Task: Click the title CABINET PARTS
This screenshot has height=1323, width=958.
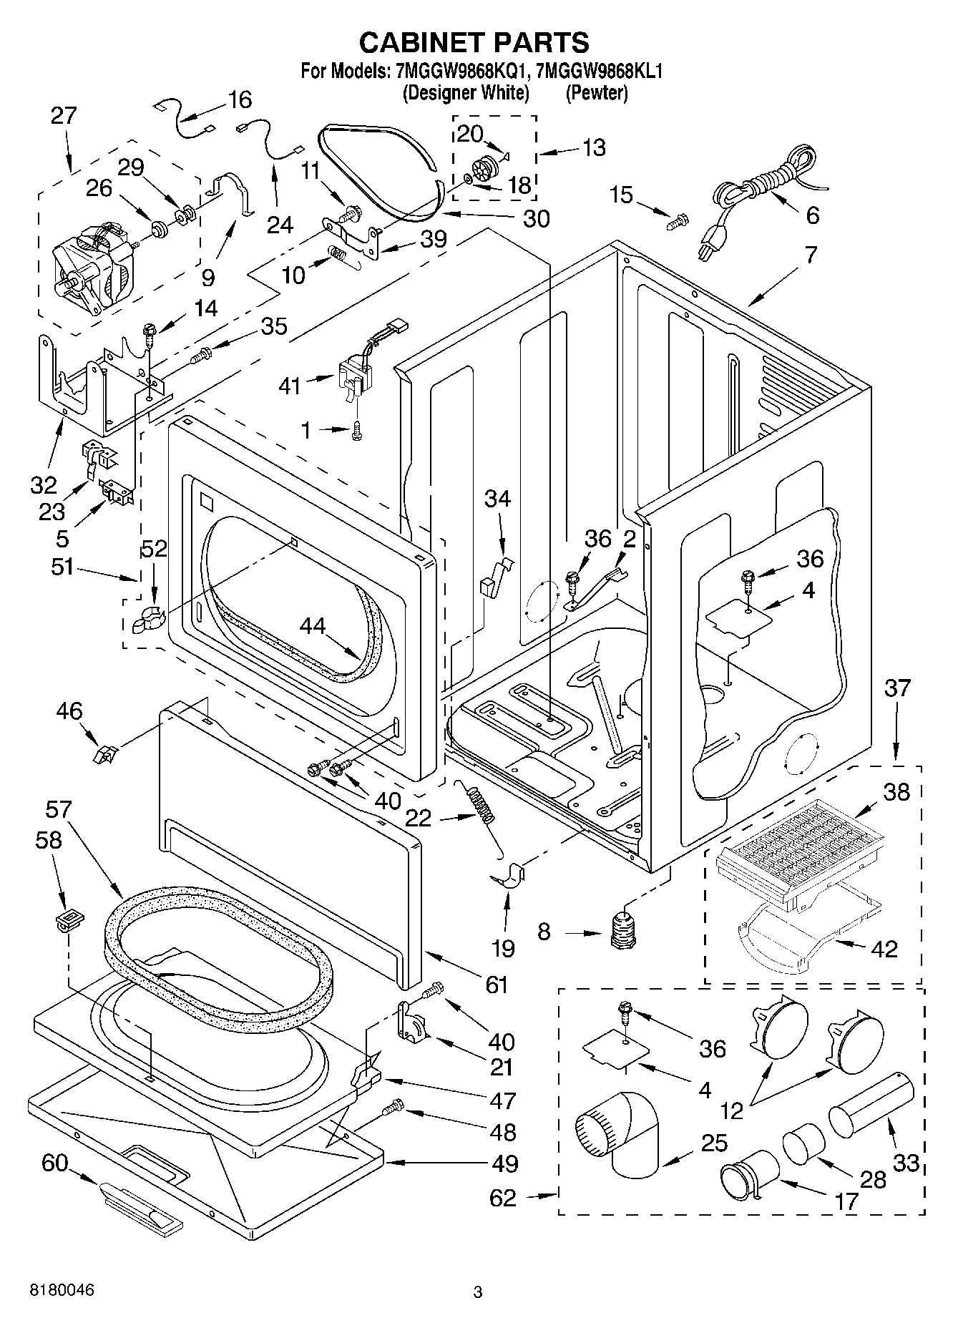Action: pos(474,42)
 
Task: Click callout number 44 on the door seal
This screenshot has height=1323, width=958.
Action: pos(312,626)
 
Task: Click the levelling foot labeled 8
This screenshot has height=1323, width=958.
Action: pos(624,930)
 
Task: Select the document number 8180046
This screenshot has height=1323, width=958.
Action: pos(62,1291)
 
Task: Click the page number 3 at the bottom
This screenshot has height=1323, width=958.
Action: pos(478,1292)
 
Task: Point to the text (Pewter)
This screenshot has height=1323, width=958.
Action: pos(596,93)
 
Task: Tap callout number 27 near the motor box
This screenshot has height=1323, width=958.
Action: pos(64,115)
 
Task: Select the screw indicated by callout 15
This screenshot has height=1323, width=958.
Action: pos(676,222)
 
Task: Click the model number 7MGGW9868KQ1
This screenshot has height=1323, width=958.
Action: pos(458,71)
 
